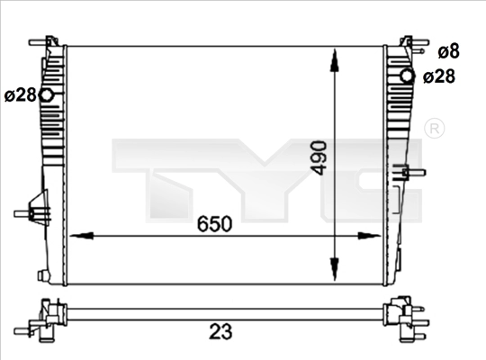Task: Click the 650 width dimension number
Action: pos(214,224)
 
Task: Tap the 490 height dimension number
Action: pos(319,157)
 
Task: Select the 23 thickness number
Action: pos(220,331)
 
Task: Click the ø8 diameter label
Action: pos(448,51)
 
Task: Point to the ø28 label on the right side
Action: pos(439,76)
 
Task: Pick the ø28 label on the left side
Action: pos(21,94)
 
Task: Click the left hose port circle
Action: pos(47,94)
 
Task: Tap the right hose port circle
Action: pos(407,76)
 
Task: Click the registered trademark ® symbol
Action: pos(434,128)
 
